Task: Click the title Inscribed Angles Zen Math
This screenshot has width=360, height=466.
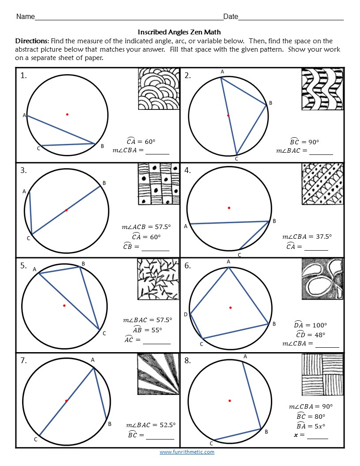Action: coord(179,32)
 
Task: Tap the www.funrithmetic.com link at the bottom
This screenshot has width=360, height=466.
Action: coord(187,452)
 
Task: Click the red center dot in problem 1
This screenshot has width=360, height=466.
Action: coord(67,114)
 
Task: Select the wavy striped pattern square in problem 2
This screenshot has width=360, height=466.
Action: coord(322,89)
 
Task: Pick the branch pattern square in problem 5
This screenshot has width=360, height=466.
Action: coord(157,279)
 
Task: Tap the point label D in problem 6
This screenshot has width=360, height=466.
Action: coord(185,314)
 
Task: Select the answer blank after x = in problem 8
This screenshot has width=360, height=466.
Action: coord(318,435)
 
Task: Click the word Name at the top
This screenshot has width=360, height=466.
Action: coord(25,17)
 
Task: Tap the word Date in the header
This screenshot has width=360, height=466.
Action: coord(230,17)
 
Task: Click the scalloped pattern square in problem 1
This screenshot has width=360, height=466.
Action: coord(159,88)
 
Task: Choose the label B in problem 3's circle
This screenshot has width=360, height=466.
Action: coord(104,183)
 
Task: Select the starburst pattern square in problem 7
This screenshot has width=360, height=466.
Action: coord(158,374)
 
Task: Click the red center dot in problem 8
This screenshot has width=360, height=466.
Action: coord(229,401)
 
